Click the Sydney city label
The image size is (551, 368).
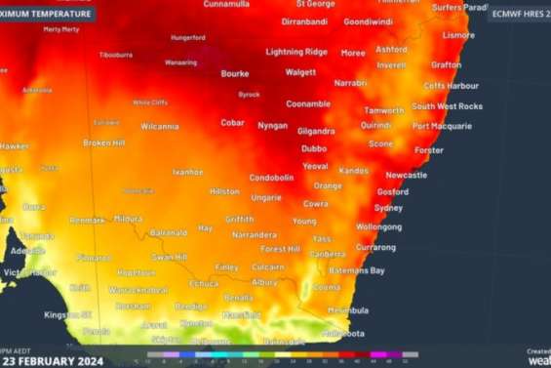pos(388,208)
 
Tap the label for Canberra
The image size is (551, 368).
pos(328,254)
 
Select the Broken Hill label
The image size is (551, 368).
pos(103,143)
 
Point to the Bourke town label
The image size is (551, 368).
pos(235,73)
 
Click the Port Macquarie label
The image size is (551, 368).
pos(442,126)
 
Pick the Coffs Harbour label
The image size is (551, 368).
pos(451,85)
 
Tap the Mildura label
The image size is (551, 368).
pos(127,219)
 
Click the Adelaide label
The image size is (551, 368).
pos(27,251)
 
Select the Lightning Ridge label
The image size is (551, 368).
pos(296,52)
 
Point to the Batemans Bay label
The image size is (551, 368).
pos(356,270)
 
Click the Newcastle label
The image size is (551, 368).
pos(406,175)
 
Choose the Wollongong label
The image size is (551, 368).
pos(378,227)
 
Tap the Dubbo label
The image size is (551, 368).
pos(314,148)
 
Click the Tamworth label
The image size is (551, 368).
pos(384,110)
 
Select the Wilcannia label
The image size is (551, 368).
pos(159,126)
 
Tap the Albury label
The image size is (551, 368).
pos(264,282)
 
